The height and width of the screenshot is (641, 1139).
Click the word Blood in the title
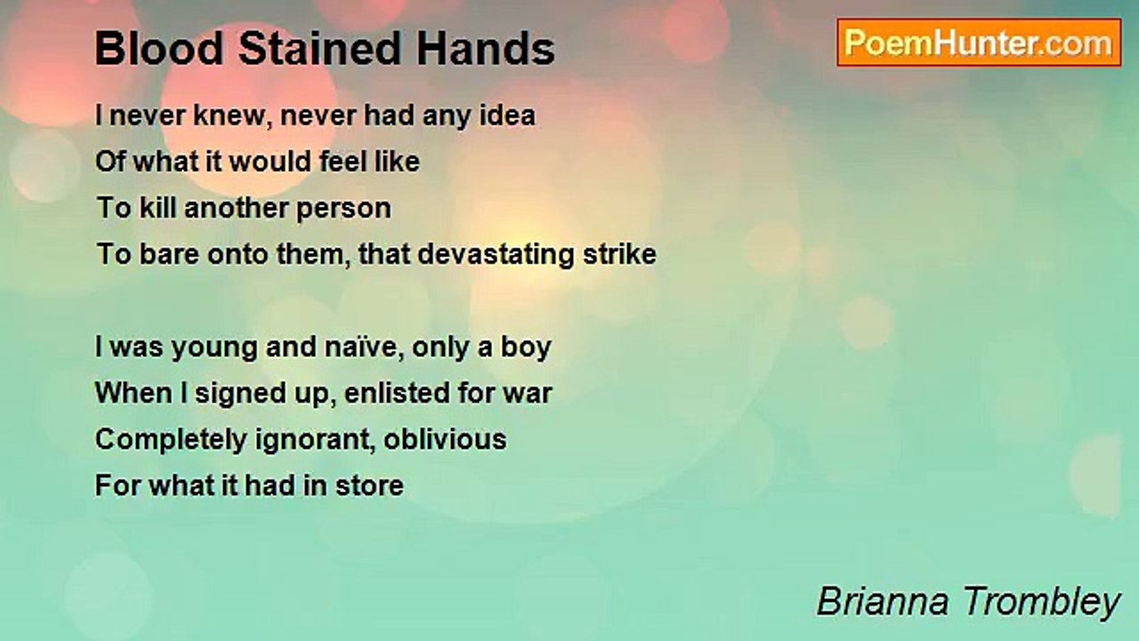(x=159, y=48)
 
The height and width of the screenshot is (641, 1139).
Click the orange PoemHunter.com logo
(x=979, y=43)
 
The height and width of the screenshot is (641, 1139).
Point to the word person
(x=343, y=209)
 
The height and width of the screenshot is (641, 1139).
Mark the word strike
(x=619, y=254)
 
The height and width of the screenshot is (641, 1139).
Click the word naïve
(x=364, y=347)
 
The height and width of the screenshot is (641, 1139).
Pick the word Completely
(x=171, y=441)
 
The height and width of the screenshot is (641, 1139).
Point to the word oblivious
(x=445, y=440)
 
